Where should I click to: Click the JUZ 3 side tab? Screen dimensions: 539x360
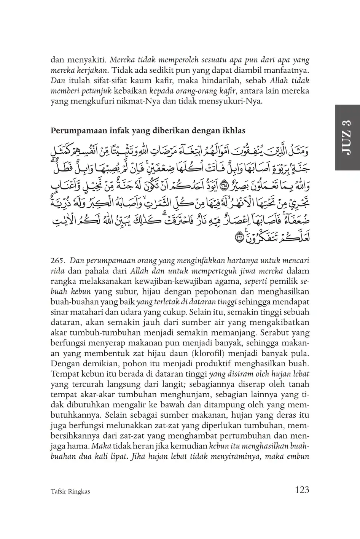(347, 137)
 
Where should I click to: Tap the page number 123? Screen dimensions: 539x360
(302, 489)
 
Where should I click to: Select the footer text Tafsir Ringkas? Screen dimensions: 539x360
(70, 491)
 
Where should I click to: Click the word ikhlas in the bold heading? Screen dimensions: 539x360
(233, 130)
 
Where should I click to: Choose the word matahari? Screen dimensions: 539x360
(88, 312)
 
